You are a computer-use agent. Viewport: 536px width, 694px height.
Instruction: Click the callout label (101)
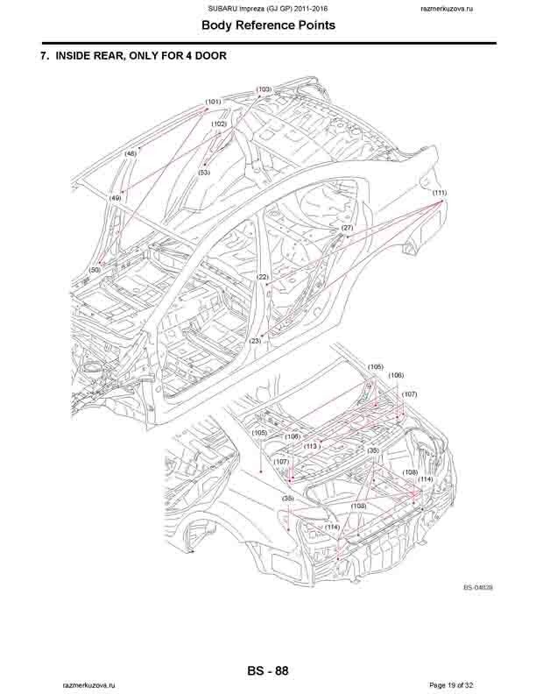(x=213, y=103)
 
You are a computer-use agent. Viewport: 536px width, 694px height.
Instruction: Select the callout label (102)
(x=219, y=124)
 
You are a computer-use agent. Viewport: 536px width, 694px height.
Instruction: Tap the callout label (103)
(x=264, y=89)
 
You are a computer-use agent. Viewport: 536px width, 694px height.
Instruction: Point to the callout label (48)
(x=130, y=153)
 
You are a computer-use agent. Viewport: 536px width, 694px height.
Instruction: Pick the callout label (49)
(x=115, y=199)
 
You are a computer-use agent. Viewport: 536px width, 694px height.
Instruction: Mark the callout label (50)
(x=95, y=270)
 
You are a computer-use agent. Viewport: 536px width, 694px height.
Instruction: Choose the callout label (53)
(x=204, y=173)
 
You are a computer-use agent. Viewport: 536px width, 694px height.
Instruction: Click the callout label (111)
(x=440, y=193)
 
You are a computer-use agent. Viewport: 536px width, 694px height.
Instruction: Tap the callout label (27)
(x=347, y=228)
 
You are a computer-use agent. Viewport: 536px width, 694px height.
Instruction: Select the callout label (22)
(x=262, y=277)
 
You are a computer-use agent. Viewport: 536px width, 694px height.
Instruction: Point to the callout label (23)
(x=256, y=340)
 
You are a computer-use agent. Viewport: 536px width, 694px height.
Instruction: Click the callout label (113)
(x=310, y=446)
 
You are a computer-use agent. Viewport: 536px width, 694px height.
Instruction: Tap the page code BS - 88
(x=268, y=671)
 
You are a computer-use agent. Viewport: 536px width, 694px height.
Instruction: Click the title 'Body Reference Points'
(x=268, y=25)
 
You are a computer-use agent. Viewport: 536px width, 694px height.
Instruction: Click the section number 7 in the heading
(x=44, y=57)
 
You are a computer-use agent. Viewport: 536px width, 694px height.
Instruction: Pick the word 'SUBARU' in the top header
(x=223, y=8)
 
